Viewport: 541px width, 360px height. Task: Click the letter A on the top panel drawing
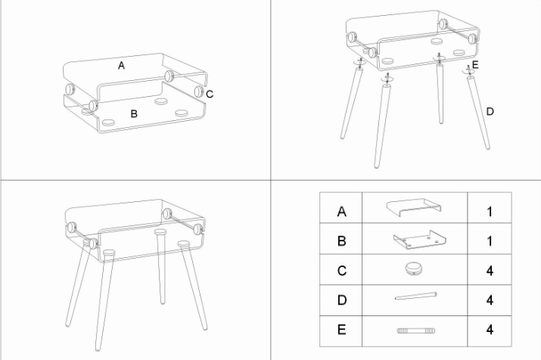click(x=121, y=66)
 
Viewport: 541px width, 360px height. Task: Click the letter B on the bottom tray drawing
click(x=134, y=113)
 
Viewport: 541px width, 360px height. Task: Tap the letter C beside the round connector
click(x=210, y=94)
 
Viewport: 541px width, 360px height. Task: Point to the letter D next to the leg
click(x=490, y=111)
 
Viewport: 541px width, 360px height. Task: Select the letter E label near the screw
click(x=475, y=65)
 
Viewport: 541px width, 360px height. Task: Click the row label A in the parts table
click(x=341, y=211)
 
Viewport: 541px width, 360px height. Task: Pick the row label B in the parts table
click(x=341, y=241)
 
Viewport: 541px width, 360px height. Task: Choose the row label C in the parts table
click(x=341, y=271)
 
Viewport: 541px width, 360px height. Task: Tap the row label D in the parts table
click(x=341, y=300)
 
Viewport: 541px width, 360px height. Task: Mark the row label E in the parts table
click(x=341, y=330)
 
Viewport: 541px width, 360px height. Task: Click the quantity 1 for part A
click(x=490, y=211)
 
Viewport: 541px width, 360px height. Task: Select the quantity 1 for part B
click(x=490, y=241)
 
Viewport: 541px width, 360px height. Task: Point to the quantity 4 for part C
click(x=490, y=271)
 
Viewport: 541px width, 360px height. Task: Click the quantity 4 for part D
click(x=490, y=300)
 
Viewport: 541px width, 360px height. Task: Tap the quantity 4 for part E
click(x=490, y=330)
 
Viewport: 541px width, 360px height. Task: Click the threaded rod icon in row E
click(x=415, y=331)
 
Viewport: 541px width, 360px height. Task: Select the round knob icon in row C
click(x=414, y=268)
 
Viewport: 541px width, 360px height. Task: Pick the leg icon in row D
click(x=415, y=296)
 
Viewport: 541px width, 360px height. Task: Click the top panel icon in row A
click(x=414, y=207)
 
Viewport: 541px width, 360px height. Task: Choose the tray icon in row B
click(x=419, y=239)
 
